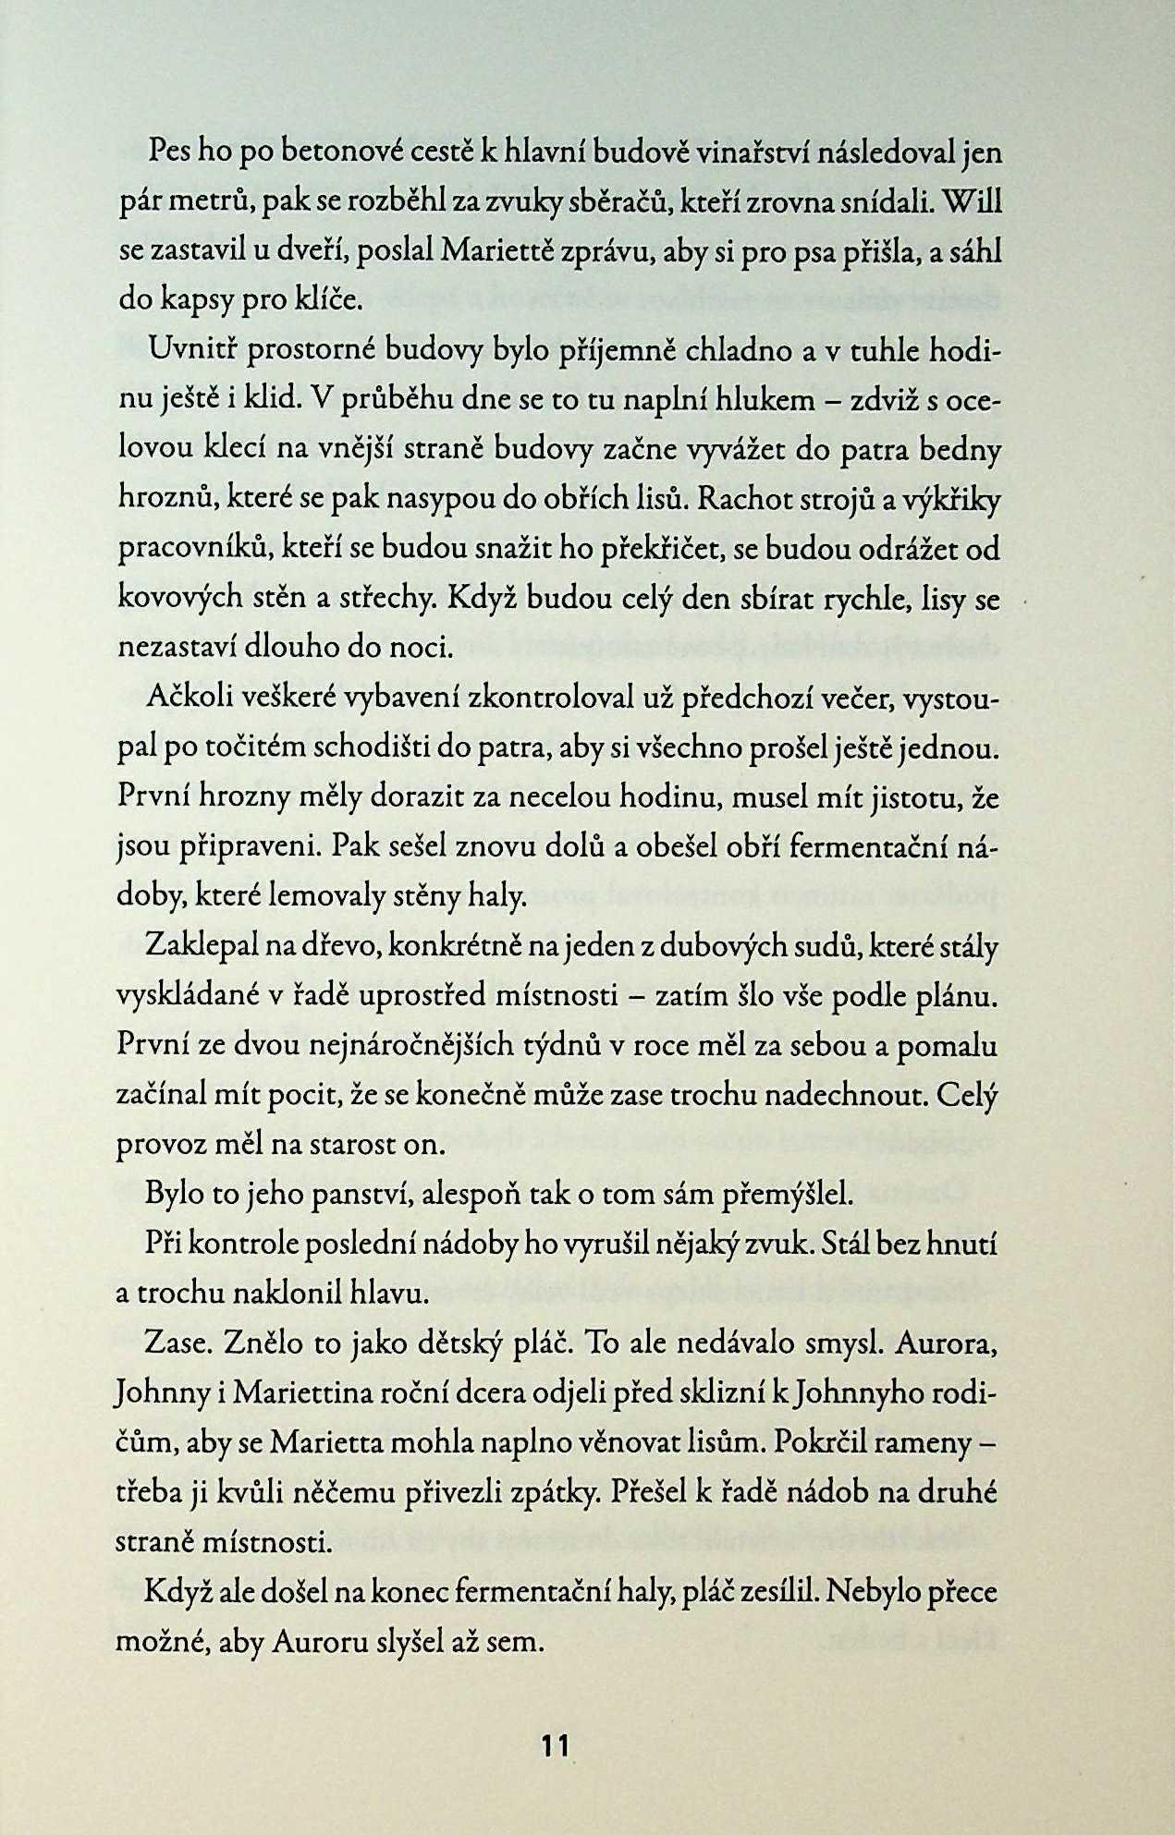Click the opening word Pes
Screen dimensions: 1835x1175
(x=169, y=152)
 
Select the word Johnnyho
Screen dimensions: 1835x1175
(x=875, y=1393)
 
